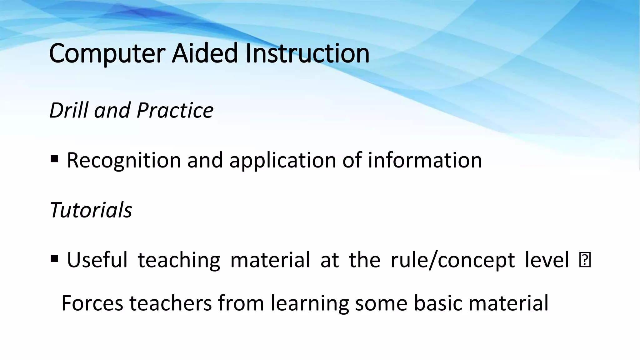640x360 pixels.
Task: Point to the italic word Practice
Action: coord(175,110)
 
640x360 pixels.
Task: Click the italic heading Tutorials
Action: coord(91,210)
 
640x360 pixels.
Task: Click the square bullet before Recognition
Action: coord(54,160)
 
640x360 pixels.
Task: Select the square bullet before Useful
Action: coord(54,259)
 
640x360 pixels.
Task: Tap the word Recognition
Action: coord(124,161)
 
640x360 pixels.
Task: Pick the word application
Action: coord(282,161)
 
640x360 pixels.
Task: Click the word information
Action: coord(425,160)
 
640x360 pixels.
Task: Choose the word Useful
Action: coord(97,260)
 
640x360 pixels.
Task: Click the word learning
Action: coord(309,304)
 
